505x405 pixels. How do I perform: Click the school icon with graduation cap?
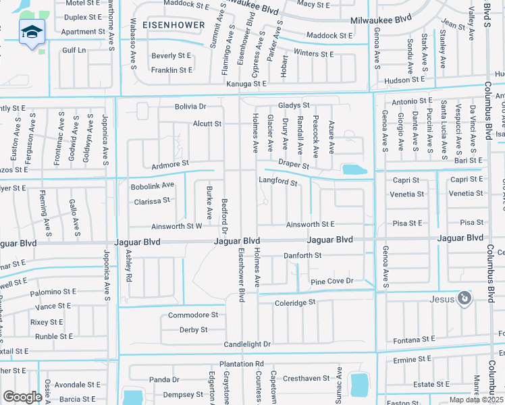coord(32,32)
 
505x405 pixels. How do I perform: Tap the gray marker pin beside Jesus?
coord(464,298)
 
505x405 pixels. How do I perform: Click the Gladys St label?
coord(294,106)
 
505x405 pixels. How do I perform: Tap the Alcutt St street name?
coord(207,124)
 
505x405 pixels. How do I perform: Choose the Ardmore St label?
coord(170,163)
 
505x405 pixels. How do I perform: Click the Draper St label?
coord(294,165)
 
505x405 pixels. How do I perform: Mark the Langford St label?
coord(278,182)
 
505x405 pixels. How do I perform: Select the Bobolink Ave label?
coord(153,185)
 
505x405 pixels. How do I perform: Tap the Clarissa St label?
coord(151,201)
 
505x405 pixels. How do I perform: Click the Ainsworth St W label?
coord(177,226)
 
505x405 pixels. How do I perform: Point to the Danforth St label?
coord(302,256)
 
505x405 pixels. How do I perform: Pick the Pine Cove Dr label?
coord(331,281)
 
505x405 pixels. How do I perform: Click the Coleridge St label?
coord(295,303)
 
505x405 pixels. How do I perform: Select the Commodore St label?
coord(193,315)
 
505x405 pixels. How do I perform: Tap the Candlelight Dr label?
coord(247,344)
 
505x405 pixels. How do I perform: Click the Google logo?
coord(22,397)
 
